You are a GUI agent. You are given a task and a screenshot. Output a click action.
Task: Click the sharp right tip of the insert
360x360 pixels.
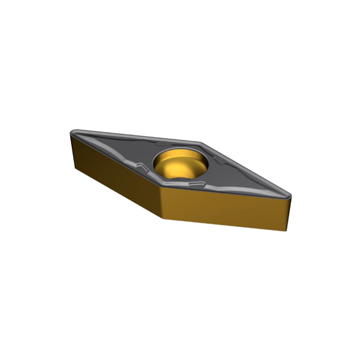291,194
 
